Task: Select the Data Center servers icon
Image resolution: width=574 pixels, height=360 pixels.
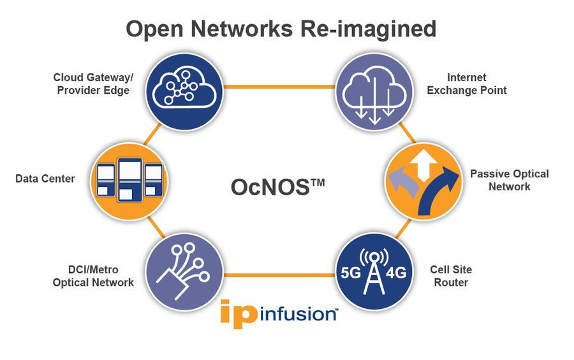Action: coord(129,180)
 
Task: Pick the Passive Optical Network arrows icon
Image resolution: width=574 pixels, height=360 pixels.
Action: coord(423,180)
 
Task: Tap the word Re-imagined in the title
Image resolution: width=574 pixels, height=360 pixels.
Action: coord(372,29)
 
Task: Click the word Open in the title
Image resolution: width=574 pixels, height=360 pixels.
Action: coord(149,29)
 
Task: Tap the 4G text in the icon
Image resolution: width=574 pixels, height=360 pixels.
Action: coord(397,273)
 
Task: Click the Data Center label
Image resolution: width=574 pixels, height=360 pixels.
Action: coord(45,179)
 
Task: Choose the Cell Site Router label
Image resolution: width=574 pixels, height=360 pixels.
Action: coord(451,276)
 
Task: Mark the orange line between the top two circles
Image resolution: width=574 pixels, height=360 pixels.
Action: coord(279,86)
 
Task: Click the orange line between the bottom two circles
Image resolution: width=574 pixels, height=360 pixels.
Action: coord(279,276)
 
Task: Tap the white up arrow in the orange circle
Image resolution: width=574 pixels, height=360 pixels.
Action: coord(423,165)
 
